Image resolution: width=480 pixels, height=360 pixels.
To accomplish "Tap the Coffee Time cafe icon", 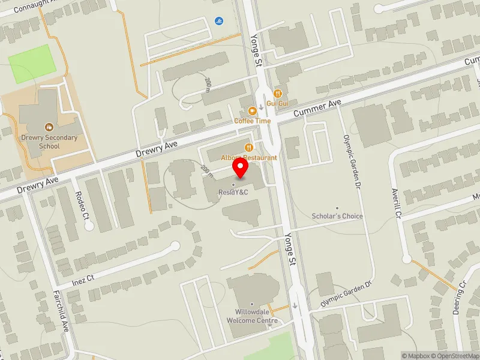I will [x=253, y=110].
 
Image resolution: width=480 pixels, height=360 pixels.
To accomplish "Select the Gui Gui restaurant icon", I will [x=278, y=94].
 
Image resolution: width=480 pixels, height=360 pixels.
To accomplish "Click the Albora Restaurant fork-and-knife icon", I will [x=248, y=148].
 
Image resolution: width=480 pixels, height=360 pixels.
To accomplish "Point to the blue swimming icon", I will [x=219, y=22].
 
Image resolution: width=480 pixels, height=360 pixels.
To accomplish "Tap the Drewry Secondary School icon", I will [x=49, y=127].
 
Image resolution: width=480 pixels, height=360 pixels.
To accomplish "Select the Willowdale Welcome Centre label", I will [x=252, y=316].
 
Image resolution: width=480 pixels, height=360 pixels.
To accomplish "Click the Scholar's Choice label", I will [x=337, y=216].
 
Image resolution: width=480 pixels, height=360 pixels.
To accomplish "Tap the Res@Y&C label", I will [x=234, y=193].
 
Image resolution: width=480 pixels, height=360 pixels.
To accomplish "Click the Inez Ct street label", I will [x=83, y=279].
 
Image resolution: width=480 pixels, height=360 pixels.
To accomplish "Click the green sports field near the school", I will [x=32, y=64].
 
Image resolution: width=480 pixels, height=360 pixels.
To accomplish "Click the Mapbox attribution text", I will [x=416, y=356].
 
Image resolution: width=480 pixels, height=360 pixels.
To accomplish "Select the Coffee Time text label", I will [x=253, y=121].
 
